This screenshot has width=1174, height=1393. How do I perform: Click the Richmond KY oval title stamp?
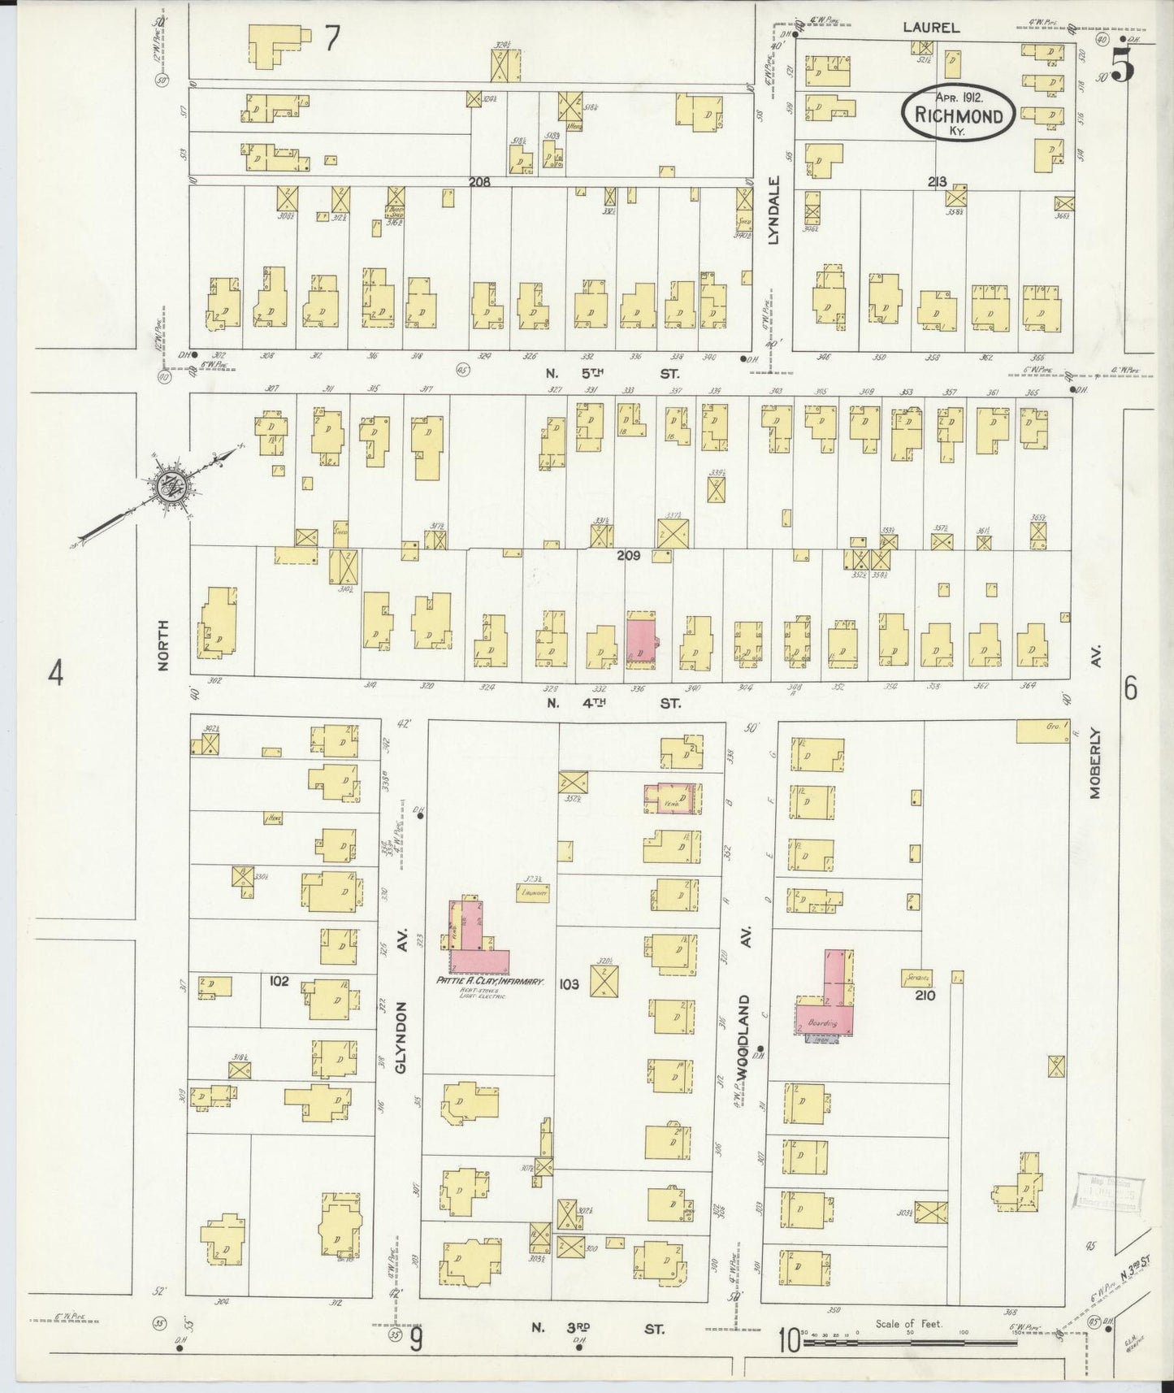coord(957,113)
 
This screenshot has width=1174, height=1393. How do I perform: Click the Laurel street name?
coord(931,28)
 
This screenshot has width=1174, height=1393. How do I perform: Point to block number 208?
coord(480,183)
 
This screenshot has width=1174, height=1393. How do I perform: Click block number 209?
coord(628,556)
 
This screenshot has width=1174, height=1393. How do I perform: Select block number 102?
coord(279,981)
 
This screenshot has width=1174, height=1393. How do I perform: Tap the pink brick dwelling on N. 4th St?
coord(642,639)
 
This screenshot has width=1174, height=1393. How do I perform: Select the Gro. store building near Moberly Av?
coord(1042,731)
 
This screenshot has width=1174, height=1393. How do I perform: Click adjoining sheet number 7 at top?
coord(331,39)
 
